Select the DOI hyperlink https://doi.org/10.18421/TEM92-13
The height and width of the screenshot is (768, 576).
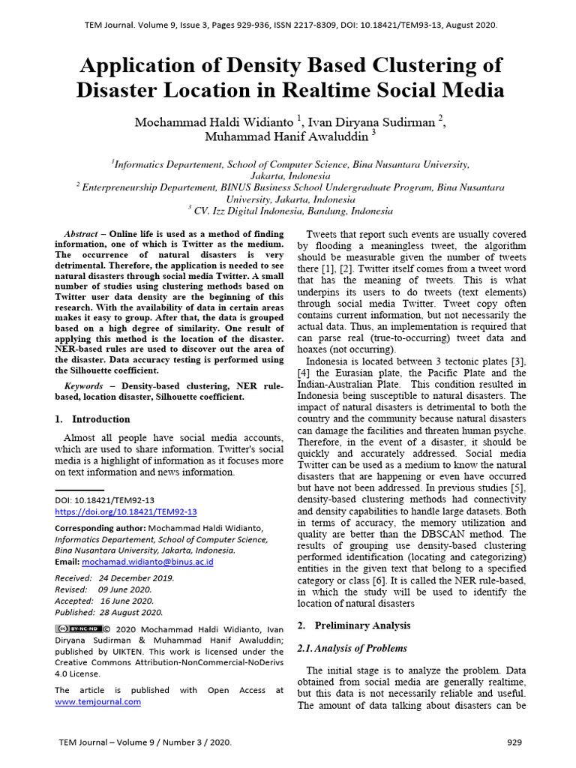126,511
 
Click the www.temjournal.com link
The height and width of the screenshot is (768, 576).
97,702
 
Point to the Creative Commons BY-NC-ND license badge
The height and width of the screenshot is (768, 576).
77,628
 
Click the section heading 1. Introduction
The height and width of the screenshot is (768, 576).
93,419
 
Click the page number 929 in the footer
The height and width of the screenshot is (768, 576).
514,742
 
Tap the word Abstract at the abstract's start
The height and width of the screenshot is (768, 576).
81,234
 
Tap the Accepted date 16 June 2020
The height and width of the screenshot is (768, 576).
126,601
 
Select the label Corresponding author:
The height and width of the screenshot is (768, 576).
100,528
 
